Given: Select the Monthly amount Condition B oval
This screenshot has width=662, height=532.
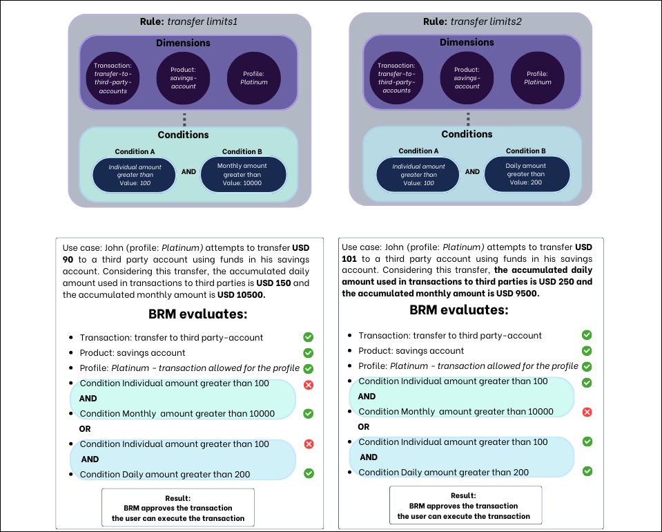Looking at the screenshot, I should pyautogui.click(x=242, y=175).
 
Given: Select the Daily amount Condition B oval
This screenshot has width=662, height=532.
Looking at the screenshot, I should pyautogui.click(x=527, y=174).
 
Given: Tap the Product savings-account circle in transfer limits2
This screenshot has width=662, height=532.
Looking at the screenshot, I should pyautogui.click(x=467, y=77).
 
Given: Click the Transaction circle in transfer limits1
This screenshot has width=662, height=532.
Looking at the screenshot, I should pyautogui.click(x=113, y=77).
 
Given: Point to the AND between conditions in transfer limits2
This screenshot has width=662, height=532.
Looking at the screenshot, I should pyautogui.click(x=472, y=171).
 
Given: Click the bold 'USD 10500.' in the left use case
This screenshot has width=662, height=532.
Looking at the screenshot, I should pyautogui.click(x=242, y=295).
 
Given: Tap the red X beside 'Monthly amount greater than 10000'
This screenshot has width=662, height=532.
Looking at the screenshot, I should pyautogui.click(x=587, y=412).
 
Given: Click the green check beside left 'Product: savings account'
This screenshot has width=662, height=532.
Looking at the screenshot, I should pyautogui.click(x=309, y=353).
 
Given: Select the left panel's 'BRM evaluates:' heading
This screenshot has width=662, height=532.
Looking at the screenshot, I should pyautogui.click(x=197, y=314).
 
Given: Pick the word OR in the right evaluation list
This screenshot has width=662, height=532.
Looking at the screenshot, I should pyautogui.click(x=364, y=427).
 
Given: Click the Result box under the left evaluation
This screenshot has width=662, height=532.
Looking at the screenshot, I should pyautogui.click(x=178, y=508).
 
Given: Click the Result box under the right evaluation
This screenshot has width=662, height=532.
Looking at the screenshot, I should pyautogui.click(x=465, y=506).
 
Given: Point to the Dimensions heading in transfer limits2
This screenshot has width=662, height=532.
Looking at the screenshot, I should pyautogui.click(x=467, y=42).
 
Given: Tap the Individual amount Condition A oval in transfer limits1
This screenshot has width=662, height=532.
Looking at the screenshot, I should pyautogui.click(x=135, y=175).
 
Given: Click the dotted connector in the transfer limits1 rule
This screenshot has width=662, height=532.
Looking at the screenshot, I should pyautogui.click(x=184, y=119).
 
